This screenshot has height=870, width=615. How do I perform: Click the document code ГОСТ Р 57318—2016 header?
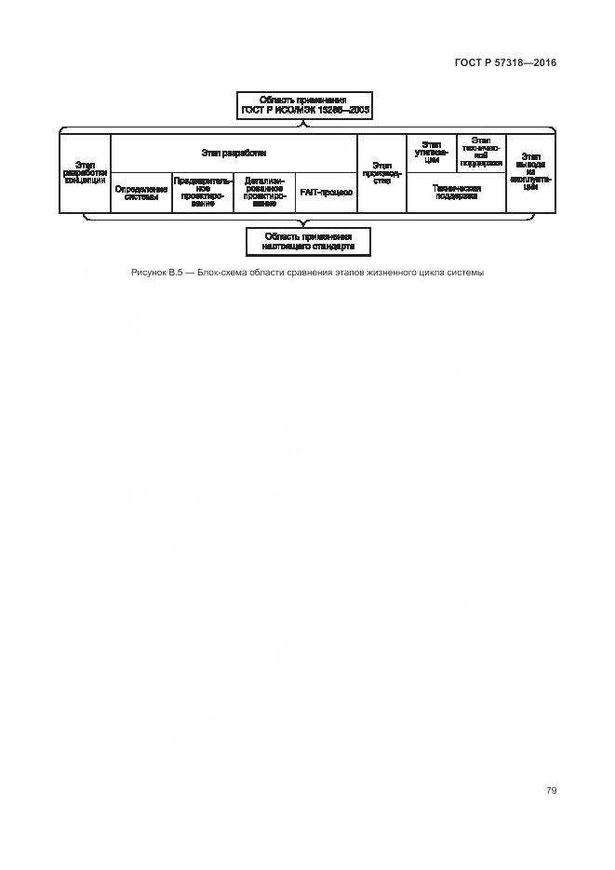(506, 63)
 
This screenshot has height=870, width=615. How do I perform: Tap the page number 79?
(551, 790)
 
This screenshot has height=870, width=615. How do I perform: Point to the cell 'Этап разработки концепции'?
(85, 173)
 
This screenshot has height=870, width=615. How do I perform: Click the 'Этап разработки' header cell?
(234, 152)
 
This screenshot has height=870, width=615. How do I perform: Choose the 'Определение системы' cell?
(141, 193)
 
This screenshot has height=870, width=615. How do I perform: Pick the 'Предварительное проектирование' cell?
(203, 193)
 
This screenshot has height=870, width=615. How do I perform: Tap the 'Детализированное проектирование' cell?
(264, 193)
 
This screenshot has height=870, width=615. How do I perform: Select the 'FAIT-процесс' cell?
(326, 193)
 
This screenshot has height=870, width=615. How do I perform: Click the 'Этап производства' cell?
(381, 173)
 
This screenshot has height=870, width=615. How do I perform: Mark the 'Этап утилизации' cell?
(432, 153)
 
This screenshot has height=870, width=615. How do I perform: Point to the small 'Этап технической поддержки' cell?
(481, 153)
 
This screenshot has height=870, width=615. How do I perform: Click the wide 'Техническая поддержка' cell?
(456, 193)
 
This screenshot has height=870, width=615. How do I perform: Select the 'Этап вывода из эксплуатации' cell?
(531, 173)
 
